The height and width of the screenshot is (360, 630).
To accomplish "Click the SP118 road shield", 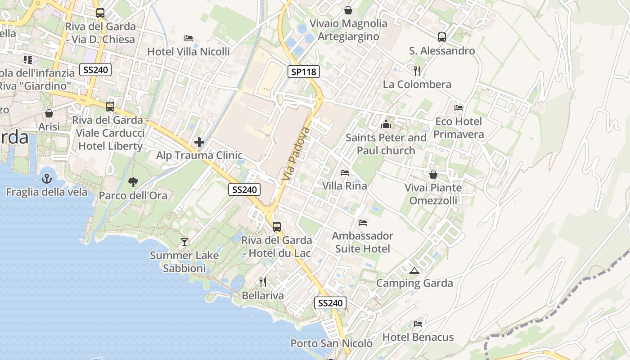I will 304,71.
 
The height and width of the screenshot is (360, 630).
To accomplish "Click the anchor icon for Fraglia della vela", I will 47,179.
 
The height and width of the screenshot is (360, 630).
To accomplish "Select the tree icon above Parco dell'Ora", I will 133,182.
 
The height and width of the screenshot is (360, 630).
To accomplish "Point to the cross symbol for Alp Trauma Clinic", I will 199,143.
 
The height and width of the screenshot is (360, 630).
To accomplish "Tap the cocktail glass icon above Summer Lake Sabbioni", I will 184,242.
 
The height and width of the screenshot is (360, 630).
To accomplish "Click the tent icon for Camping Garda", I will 414,270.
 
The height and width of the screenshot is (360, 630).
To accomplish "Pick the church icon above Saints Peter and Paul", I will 386,124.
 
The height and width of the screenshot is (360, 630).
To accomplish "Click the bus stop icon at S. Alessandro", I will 442,37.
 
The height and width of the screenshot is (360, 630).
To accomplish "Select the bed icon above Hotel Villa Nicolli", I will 189,38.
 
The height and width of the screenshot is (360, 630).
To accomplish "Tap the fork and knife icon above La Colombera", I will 417,71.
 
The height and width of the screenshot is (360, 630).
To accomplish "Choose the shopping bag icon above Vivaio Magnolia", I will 348,10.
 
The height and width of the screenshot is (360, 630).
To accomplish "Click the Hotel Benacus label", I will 418,337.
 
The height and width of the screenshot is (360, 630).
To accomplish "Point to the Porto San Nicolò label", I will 331,343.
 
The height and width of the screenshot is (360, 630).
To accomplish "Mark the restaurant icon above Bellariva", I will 263,282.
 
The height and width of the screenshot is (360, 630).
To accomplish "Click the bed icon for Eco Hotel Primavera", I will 459,108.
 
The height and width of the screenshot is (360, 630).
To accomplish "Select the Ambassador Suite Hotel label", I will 363,242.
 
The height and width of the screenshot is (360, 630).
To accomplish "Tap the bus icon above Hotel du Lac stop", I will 277,227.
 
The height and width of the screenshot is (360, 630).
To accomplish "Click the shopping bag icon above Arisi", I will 49,113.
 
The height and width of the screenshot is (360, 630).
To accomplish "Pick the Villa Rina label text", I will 345,186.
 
